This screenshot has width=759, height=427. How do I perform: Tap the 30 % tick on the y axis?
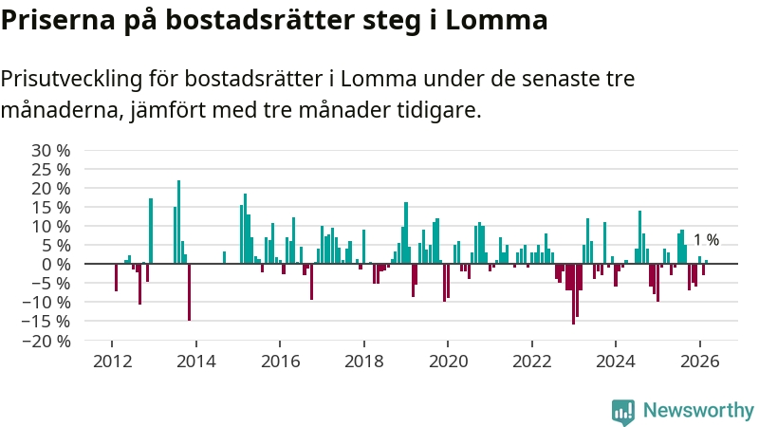(51, 150)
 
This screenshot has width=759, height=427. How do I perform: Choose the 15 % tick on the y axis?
(51, 207)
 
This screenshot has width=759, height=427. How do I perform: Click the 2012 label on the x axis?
(112, 361)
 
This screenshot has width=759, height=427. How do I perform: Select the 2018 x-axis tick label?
(363, 361)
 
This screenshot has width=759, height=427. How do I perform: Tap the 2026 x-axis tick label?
(699, 361)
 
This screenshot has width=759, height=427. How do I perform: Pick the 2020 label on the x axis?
(448, 361)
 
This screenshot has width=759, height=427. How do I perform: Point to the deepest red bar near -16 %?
(573, 294)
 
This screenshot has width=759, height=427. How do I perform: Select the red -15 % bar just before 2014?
(189, 292)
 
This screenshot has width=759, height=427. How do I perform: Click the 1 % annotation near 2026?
(706, 240)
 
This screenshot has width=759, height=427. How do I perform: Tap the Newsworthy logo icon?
(623, 410)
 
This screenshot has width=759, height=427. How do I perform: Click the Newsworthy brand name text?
(697, 410)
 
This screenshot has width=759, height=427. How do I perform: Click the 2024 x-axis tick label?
(615, 361)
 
